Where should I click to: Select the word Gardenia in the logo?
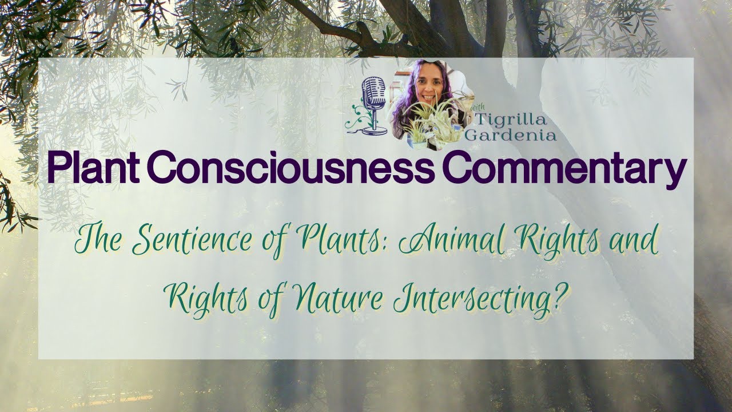coord(510,135)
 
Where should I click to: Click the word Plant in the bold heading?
coord(96,167)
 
